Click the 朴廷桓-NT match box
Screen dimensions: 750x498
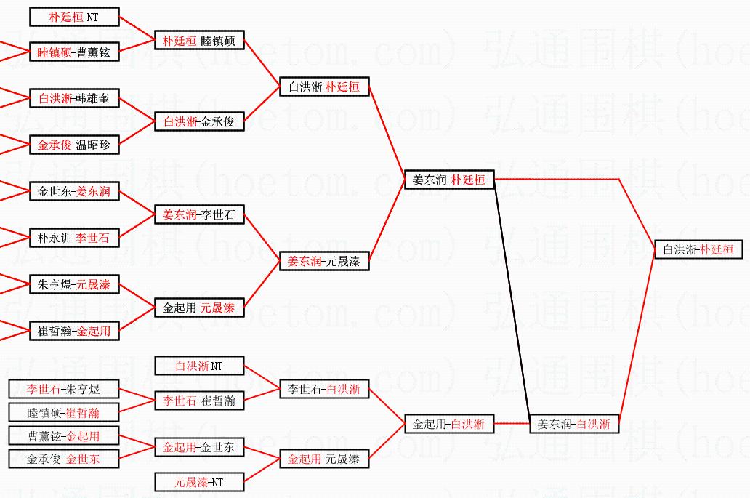(x=74, y=17)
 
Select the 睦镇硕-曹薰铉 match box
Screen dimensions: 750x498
(x=74, y=52)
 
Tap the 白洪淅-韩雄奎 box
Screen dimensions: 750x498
(x=74, y=98)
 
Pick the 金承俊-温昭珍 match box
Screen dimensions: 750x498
(x=74, y=145)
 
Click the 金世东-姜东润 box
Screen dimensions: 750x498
(x=74, y=192)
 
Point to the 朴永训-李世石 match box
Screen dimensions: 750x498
(x=74, y=237)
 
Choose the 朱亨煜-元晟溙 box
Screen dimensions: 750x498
(x=74, y=284)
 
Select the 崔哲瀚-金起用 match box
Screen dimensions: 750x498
(x=74, y=331)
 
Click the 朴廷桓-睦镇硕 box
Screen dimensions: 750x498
(x=199, y=41)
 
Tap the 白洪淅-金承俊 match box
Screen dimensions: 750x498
(x=199, y=121)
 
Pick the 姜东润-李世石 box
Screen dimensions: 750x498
(x=199, y=214)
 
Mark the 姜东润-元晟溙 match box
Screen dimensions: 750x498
(x=324, y=261)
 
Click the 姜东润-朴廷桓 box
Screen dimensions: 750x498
(x=449, y=179)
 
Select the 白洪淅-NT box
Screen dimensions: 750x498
(x=199, y=366)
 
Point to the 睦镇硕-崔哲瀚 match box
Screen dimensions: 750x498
(x=63, y=412)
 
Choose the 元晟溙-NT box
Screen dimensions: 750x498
(x=199, y=481)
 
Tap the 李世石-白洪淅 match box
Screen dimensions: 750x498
(x=324, y=389)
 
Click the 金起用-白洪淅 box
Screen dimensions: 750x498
(x=449, y=423)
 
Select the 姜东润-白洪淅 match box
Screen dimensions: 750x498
(x=574, y=423)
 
